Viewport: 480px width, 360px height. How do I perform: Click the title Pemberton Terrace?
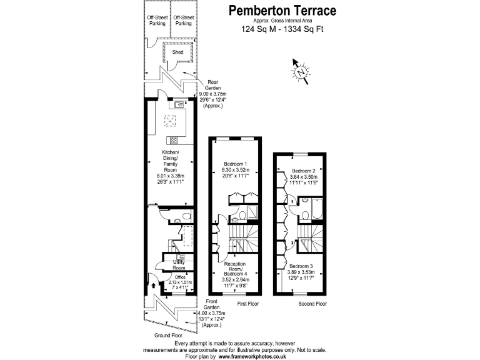tap(282, 11)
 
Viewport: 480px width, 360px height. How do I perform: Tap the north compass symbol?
tap(302, 71)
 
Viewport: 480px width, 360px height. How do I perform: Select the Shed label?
tap(178, 53)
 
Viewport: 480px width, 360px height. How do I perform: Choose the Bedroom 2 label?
tap(304, 171)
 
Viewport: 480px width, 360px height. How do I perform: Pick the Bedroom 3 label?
tap(301, 266)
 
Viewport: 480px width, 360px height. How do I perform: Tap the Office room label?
tap(180, 277)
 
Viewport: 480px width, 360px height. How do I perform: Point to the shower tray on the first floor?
tap(252, 216)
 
